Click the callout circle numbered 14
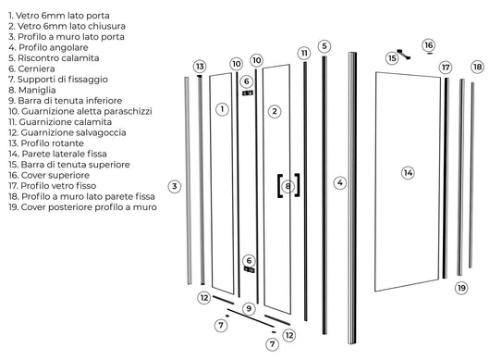pyautogui.click(x=408, y=172)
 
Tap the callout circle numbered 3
pyautogui.click(x=175, y=186)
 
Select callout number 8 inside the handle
pyautogui.click(x=288, y=186)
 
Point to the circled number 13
pyautogui.click(x=200, y=66)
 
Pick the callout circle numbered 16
pyautogui.click(x=428, y=44)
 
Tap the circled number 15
pyautogui.click(x=392, y=57)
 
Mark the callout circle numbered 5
pyautogui.click(x=324, y=46)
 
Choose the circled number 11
pyautogui.click(x=303, y=54)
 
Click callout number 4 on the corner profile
pyautogui.click(x=339, y=183)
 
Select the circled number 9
pyautogui.click(x=248, y=308)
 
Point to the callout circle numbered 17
pyautogui.click(x=445, y=68)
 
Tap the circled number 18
pyautogui.click(x=477, y=67)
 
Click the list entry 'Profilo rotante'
pyautogui.click(x=51, y=143)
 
